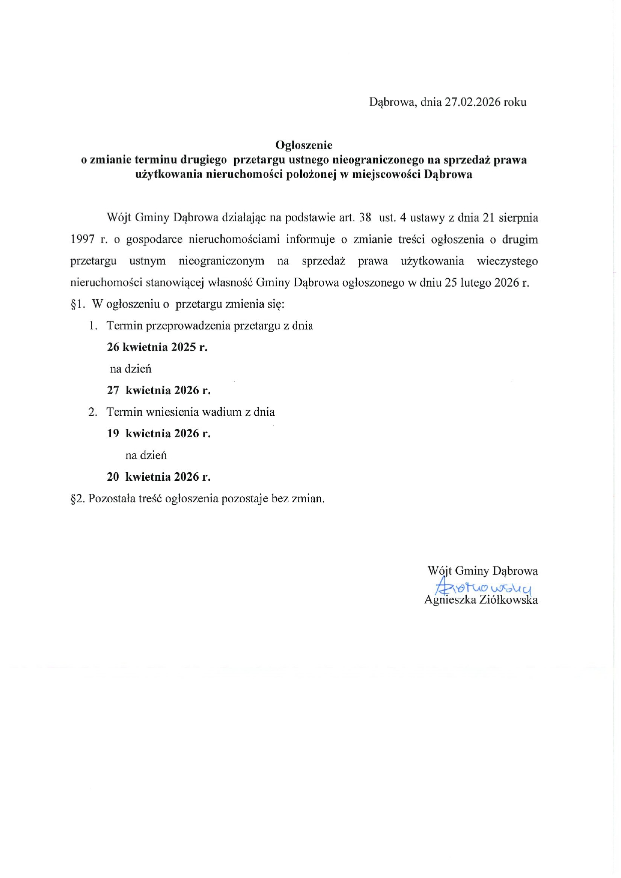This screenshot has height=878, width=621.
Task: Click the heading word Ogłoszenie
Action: point(304,145)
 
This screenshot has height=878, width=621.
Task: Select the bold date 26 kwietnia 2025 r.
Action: point(157,347)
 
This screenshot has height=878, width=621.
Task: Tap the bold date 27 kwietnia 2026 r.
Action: point(159,390)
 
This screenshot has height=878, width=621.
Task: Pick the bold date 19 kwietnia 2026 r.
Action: point(159,433)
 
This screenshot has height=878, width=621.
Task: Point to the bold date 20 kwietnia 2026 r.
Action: point(159,477)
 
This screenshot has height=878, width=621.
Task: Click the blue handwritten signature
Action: point(483,586)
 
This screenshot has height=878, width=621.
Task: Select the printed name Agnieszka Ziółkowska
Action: point(481,600)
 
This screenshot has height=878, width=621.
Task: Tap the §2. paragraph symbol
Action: point(78,499)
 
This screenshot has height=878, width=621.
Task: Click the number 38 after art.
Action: point(365,218)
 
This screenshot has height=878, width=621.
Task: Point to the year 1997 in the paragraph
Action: point(83,240)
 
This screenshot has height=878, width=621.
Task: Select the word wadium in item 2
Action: point(222,412)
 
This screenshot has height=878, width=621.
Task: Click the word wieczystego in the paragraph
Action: point(507,261)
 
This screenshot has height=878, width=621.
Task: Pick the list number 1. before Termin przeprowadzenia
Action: point(93,326)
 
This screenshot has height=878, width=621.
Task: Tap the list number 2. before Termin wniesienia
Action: point(93,412)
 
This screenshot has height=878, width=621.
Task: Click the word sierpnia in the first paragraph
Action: point(518,218)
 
